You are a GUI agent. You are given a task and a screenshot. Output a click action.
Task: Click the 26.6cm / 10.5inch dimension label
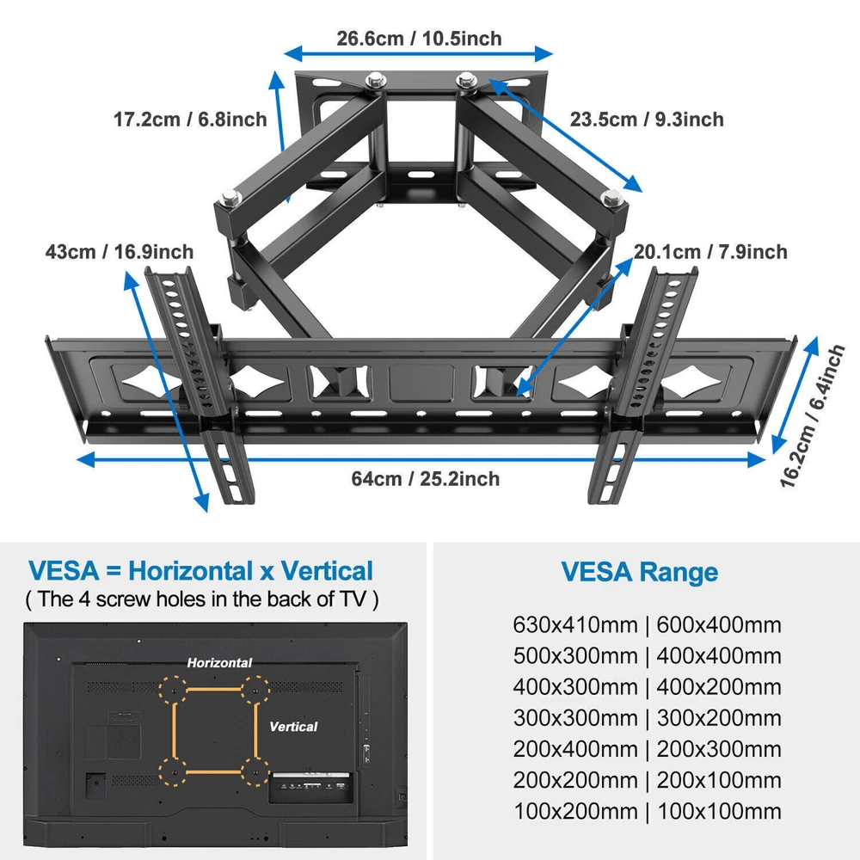tap(419, 39)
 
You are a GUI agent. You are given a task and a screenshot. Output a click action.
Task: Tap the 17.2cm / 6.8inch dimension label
tap(190, 119)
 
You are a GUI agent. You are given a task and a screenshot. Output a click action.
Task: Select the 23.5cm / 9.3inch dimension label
tap(647, 119)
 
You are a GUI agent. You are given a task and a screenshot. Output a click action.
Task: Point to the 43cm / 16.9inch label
tap(120, 252)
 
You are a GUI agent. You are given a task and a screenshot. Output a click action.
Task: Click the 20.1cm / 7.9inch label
tap(710, 252)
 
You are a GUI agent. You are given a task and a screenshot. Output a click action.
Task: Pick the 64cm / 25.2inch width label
tap(426, 478)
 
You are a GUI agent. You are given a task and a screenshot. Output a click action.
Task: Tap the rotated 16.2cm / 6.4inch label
tap(813, 415)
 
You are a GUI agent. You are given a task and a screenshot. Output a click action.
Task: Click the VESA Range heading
tap(640, 572)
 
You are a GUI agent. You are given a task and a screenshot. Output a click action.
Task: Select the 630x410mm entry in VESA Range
tap(575, 624)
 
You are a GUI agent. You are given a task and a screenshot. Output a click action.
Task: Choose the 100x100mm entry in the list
tap(719, 811)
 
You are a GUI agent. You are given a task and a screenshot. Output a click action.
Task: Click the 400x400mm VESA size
tap(719, 655)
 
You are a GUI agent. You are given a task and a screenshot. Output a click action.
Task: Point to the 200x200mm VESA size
tap(575, 780)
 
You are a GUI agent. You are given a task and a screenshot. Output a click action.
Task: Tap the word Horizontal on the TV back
tap(219, 662)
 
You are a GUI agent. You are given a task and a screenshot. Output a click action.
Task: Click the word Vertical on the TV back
tap(293, 726)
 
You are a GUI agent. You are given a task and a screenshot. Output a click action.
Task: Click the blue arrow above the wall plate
tap(418, 53)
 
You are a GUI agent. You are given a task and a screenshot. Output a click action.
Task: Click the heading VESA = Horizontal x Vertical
tap(200, 570)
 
